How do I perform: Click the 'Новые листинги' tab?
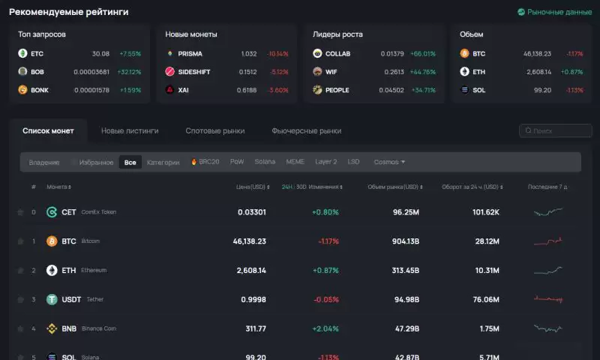(130, 130)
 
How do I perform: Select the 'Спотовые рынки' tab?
(215, 130)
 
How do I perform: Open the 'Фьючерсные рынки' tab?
(306, 130)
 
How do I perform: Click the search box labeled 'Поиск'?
(555, 130)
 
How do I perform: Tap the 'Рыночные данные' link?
(554, 12)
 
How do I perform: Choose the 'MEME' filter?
(295, 162)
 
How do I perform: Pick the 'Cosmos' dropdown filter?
(389, 162)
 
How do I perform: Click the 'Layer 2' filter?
(325, 162)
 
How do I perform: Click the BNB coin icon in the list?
(52, 328)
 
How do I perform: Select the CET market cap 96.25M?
(405, 212)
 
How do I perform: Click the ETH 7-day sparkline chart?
(547, 270)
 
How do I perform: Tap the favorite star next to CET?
(20, 212)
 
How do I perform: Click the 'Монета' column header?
(58, 187)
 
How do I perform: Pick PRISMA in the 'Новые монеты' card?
(190, 54)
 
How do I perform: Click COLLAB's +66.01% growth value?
(423, 54)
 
